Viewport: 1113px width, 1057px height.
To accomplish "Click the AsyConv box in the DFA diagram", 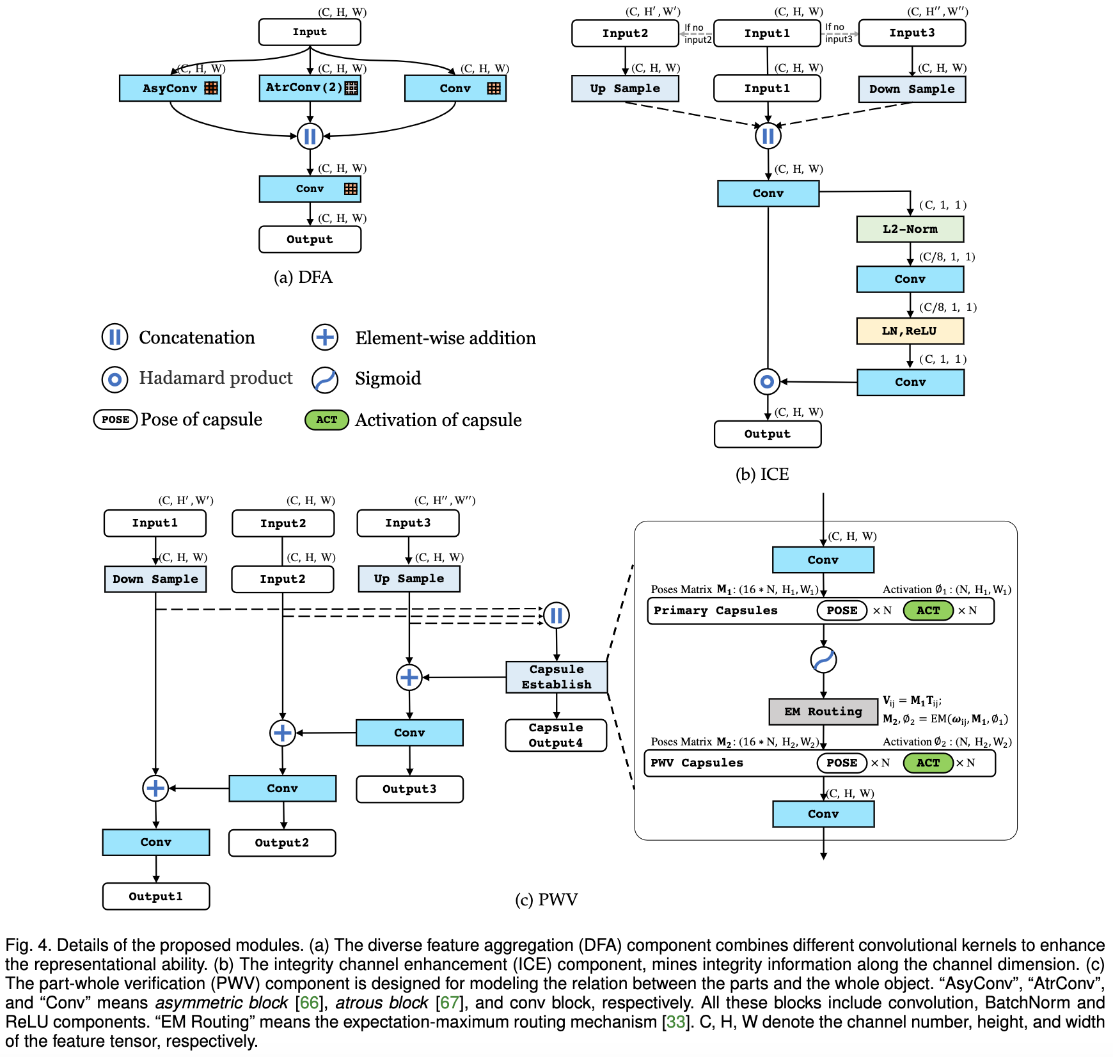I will pos(170,88).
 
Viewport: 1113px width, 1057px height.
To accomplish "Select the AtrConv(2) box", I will pos(310,88).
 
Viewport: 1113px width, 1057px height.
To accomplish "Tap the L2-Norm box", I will pos(910,229).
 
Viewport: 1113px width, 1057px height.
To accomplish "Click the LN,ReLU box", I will pos(910,331).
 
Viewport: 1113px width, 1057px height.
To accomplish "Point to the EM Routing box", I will pos(823,711).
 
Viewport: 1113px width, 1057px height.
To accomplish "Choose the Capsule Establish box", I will pos(556,677).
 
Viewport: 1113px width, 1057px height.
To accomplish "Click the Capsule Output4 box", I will pos(556,735).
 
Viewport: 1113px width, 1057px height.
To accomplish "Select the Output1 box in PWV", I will pos(156,896).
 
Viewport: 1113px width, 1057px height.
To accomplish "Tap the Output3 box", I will pos(409,789).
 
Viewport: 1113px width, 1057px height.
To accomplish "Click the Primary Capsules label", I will pos(715,610).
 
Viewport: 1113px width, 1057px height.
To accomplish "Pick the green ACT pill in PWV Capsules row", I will pos(928,763).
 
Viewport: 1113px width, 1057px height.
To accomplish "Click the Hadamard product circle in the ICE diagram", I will pos(767,382).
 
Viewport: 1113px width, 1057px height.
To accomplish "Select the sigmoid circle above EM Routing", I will pos(823,660).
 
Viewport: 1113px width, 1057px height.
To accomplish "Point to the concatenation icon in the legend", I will pos(115,337).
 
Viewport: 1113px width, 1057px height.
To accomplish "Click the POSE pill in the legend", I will pos(116,420).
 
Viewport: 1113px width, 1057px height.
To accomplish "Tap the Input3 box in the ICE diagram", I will pos(912,33).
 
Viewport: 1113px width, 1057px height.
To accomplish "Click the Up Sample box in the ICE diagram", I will pos(625,89).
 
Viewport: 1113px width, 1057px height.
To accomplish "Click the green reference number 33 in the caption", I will pos(675,1022).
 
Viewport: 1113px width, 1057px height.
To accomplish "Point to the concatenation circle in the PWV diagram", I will pos(556,616).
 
